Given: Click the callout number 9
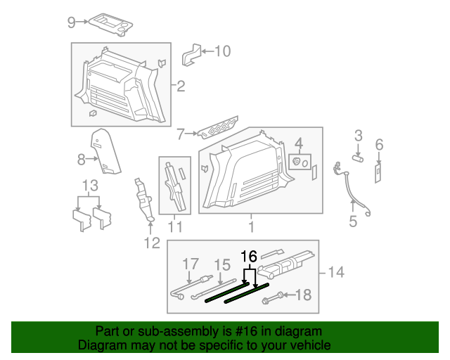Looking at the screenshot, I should pos(71,22).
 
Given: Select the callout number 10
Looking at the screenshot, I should pos(221,51).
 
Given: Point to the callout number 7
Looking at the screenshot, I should pos(181,133).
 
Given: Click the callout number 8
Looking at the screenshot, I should pos(81,160).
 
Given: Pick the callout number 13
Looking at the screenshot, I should pos(89,186).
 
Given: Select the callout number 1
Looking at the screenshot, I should pos(251,226).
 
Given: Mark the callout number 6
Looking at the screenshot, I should pos(379,145).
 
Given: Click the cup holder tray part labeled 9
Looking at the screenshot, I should pos(109,22).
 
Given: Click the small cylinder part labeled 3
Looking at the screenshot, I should pos(356,160).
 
